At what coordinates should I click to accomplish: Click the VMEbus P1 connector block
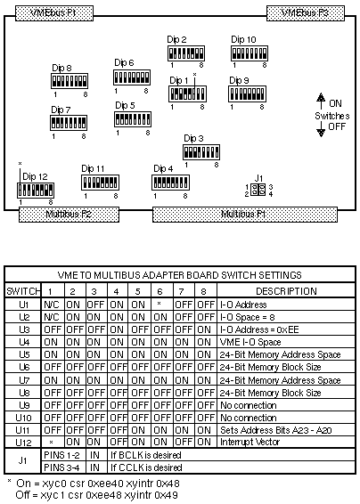click(x=54, y=13)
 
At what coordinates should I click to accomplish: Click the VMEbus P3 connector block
click(x=306, y=13)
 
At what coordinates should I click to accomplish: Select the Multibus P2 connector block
click(x=69, y=215)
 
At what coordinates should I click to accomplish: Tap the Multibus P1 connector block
click(x=245, y=215)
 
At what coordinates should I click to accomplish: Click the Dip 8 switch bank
click(x=70, y=81)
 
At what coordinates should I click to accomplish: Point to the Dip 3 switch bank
click(x=201, y=152)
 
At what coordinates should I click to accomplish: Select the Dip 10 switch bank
click(x=250, y=53)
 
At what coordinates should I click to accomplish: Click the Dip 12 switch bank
click(x=36, y=191)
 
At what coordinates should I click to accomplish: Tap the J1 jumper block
click(x=258, y=190)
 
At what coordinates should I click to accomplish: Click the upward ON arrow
click(x=321, y=101)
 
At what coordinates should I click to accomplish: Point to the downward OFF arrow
click(x=321, y=128)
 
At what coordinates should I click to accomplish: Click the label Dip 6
click(x=124, y=63)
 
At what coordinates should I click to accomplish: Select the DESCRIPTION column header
click(x=286, y=291)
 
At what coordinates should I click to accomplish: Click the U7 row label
click(x=24, y=380)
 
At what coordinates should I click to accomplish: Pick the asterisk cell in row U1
click(x=159, y=304)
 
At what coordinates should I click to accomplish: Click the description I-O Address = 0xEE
click(x=259, y=329)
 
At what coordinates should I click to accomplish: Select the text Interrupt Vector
click(x=250, y=443)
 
